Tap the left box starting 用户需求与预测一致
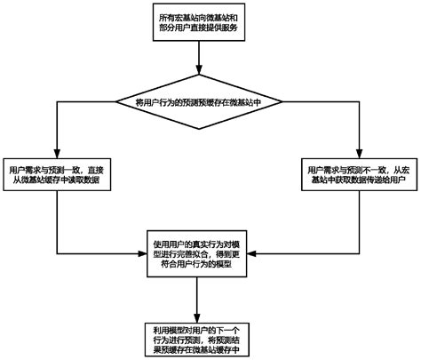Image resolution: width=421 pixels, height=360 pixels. click(56, 173)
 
